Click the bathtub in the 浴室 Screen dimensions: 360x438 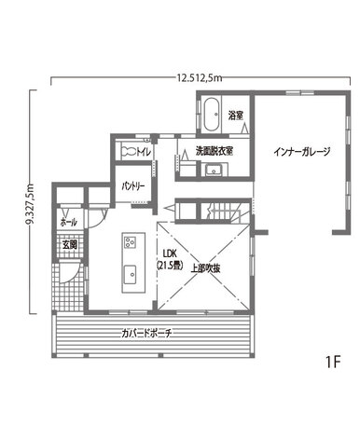(212, 115)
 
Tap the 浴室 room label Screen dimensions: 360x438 (235, 116)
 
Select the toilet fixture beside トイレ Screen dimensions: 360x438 (128, 151)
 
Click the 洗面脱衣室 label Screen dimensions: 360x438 (215, 151)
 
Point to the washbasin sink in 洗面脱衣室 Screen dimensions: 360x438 (214, 171)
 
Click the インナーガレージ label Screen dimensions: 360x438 (302, 152)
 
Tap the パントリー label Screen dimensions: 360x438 (133, 186)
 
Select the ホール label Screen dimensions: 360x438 (69, 222)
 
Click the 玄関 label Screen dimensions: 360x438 (70, 245)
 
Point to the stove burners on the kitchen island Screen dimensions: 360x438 (130, 241)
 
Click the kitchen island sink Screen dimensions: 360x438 (131, 274)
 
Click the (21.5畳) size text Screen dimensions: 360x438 (170, 266)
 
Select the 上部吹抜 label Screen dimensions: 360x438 (205, 268)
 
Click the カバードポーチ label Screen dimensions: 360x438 (145, 334)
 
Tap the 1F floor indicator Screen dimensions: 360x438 (333, 362)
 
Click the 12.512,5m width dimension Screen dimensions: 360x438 (200, 78)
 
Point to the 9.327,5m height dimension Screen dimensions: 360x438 (30, 203)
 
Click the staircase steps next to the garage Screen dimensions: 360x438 (225, 212)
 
